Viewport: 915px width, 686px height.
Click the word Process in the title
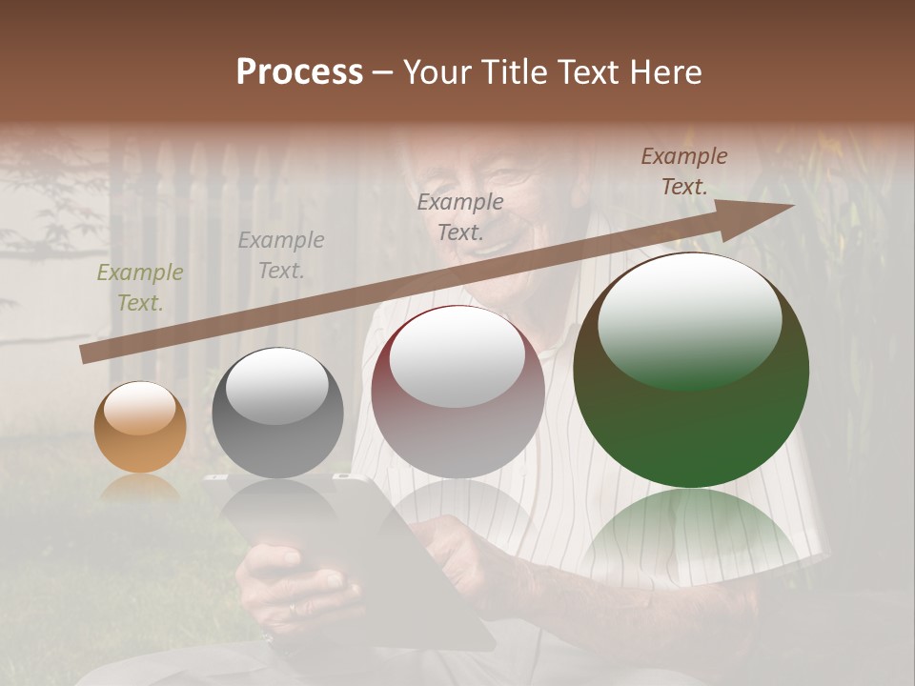299,72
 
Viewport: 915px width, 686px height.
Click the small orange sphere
140,427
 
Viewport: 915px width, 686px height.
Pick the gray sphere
277,413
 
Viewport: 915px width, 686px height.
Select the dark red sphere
457,392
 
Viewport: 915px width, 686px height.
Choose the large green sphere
691,371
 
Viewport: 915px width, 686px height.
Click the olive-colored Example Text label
139,288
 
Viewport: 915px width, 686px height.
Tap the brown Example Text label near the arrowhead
683,171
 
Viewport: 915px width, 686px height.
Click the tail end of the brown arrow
84,354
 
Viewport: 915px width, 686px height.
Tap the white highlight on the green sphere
689,319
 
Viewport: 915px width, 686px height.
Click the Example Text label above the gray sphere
281,255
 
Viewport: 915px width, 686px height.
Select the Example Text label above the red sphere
460,216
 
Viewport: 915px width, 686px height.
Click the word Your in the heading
437,72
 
